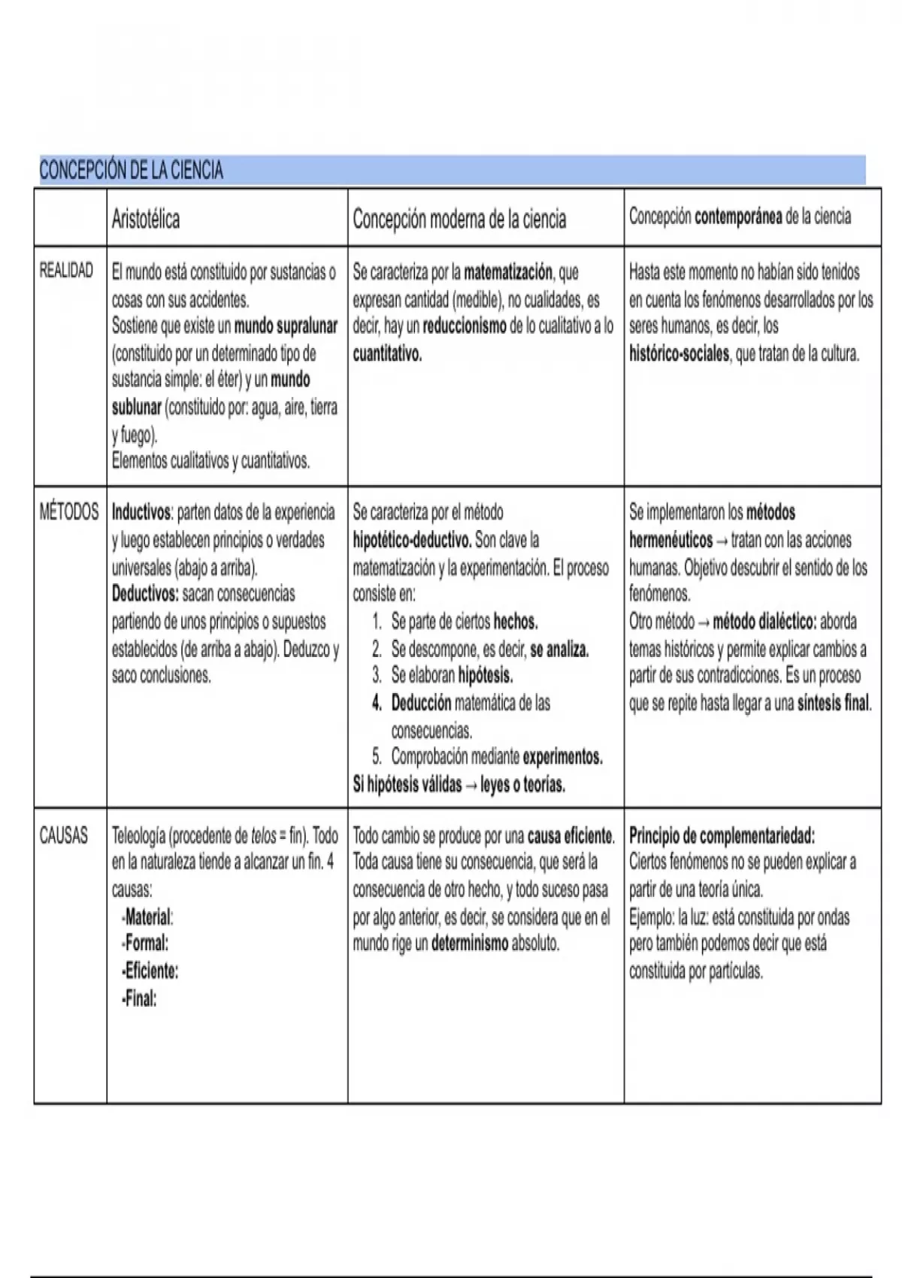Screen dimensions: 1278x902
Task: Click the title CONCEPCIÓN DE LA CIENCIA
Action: tap(131, 171)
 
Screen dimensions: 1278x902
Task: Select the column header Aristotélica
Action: tap(146, 220)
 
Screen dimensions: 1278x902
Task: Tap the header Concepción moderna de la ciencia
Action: tap(459, 220)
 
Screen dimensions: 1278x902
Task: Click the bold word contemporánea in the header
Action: tap(738, 217)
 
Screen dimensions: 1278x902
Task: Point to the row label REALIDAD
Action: tap(66, 271)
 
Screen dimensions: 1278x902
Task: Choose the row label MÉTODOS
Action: tap(68, 512)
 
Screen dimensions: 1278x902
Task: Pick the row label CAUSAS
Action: tap(63, 835)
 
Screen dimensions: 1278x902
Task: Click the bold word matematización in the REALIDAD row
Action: tap(508, 272)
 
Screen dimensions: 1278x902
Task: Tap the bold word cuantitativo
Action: tap(387, 354)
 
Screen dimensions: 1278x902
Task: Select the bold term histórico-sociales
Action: tap(679, 354)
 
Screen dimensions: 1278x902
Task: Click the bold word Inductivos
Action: tap(141, 513)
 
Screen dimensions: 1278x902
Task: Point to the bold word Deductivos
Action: tap(145, 594)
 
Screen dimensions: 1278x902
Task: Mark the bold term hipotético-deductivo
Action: tap(412, 540)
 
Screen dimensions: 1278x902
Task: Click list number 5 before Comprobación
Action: tap(377, 757)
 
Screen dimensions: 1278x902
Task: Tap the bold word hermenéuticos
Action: tap(670, 540)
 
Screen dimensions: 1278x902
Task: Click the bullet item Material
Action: tap(148, 917)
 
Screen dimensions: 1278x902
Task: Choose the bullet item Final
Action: tap(141, 999)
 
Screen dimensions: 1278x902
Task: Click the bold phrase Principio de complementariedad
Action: tap(722, 835)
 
